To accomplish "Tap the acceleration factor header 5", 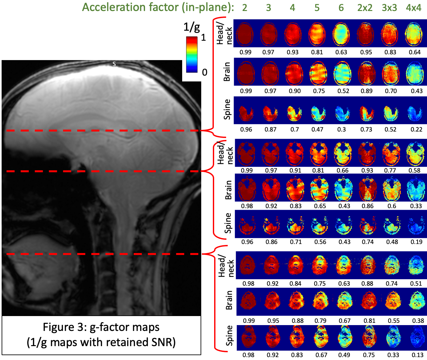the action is pos(317,7).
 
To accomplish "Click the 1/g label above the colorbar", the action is pos(192,27).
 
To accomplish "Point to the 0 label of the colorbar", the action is pos(204,72).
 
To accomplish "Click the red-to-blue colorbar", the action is pos(192,54).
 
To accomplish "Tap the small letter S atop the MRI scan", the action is pos(114,64).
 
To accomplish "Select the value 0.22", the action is pos(416,129).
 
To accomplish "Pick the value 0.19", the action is pos(416,242).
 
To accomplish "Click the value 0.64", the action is pos(415,52).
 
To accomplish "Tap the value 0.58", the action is pos(415,170).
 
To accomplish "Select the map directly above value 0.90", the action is pos(294,72).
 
